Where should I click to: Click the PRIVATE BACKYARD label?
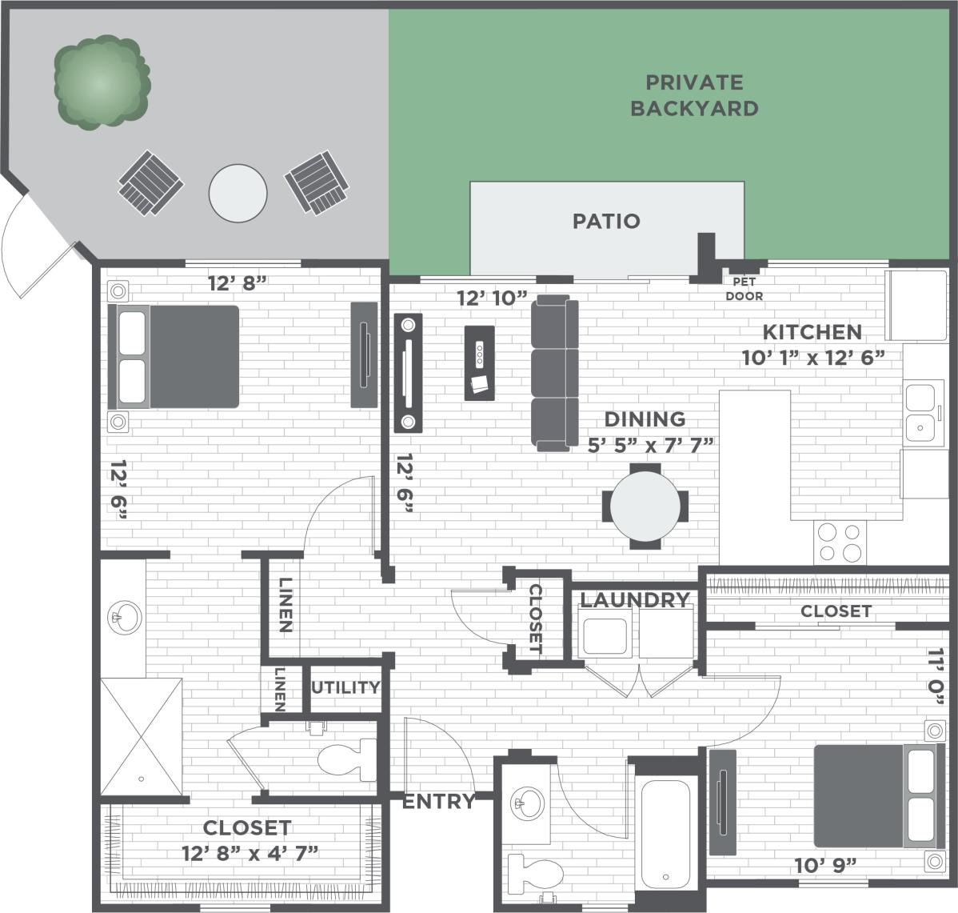point(693,95)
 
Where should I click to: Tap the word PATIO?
point(606,221)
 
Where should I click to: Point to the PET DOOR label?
point(744,289)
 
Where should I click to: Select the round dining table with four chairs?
point(645,506)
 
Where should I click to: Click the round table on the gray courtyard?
point(238,193)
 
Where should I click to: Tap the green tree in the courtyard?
point(101,82)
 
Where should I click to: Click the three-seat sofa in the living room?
point(554,373)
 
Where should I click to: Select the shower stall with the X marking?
point(142,736)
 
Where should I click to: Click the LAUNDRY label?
point(634,600)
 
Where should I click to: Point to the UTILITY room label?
point(345,687)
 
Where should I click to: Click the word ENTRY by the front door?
point(438,801)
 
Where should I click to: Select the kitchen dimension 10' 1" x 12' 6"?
point(812,357)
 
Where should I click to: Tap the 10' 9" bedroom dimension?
point(825,865)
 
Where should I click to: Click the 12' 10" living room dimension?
point(492,298)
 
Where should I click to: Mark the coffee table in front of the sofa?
point(479,362)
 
